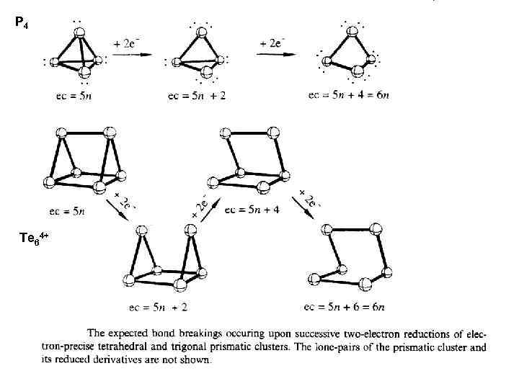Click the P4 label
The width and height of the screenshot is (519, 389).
click(x=22, y=24)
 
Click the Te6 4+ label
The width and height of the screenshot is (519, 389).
click(x=32, y=238)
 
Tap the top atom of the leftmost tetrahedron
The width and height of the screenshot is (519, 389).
click(x=79, y=31)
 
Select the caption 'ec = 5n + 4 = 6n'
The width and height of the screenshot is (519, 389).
click(x=348, y=95)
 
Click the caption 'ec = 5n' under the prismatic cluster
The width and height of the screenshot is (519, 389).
click(x=67, y=211)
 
